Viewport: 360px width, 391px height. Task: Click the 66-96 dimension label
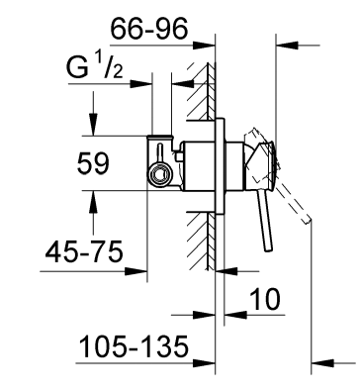pyautogui.click(x=149, y=29)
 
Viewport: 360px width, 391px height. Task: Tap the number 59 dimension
pyautogui.click(x=93, y=163)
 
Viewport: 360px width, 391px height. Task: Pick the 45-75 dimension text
pyautogui.click(x=84, y=252)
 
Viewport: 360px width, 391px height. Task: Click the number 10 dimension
pyautogui.click(x=265, y=299)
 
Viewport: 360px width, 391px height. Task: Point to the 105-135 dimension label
pyautogui.click(x=134, y=346)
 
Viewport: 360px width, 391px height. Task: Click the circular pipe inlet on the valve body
pyautogui.click(x=160, y=173)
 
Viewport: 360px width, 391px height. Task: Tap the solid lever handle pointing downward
pyautogui.click(x=265, y=221)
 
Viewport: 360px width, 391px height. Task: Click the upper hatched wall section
pyautogui.click(x=201, y=92)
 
